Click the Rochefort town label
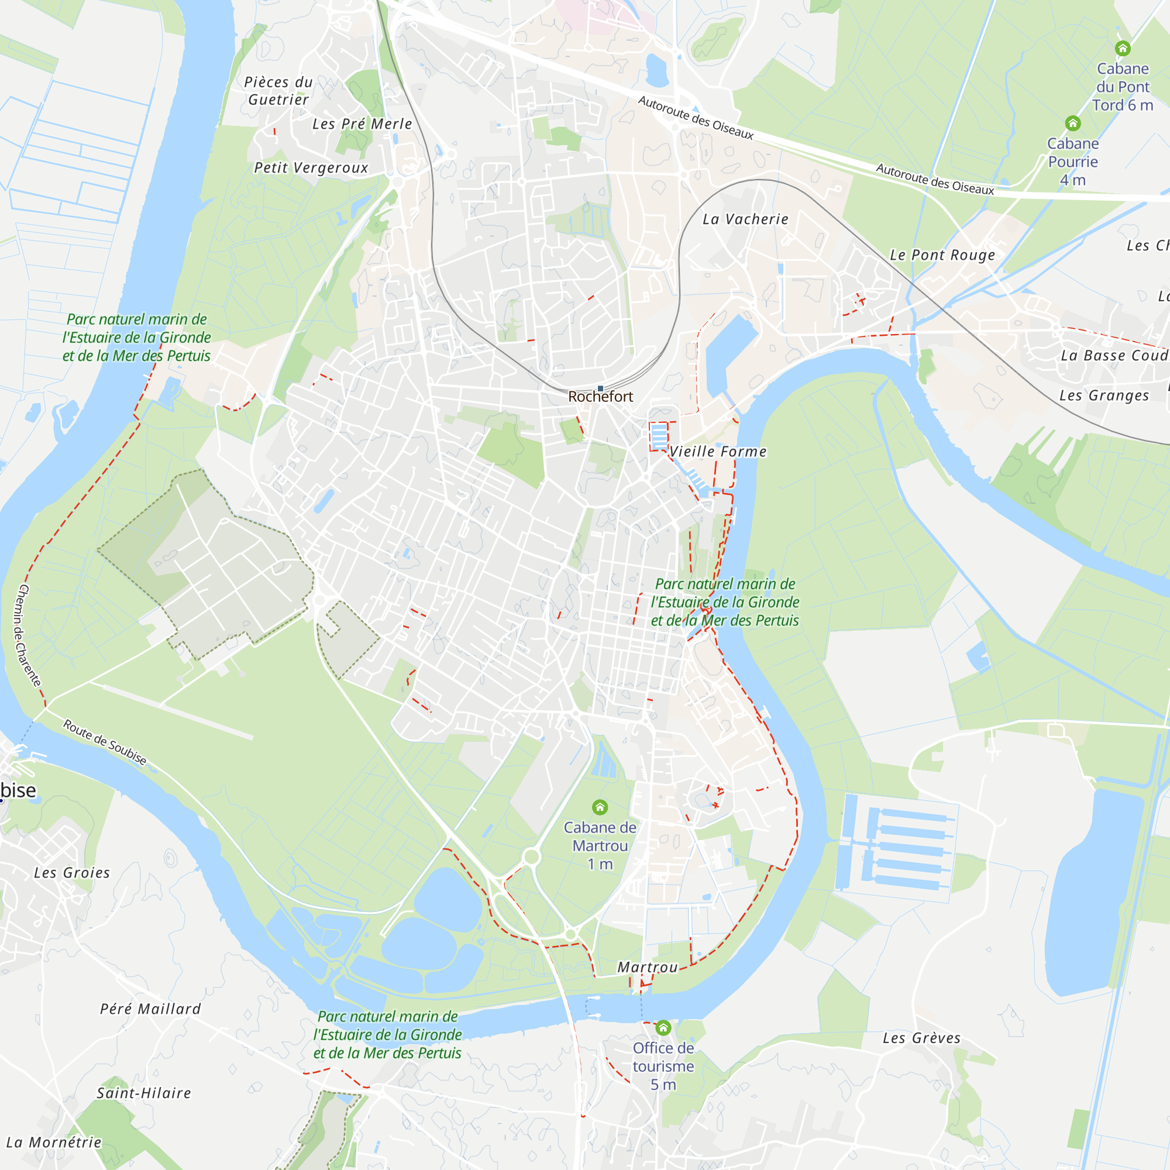tap(600, 397)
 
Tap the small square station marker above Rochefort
tap(600, 388)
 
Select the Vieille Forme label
tap(718, 451)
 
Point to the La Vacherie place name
tap(745, 219)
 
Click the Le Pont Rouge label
tap(942, 255)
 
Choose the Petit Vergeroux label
tap(311, 168)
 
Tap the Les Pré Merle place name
tap(362, 124)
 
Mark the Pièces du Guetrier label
tap(278, 91)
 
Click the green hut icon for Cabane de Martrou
tap(600, 807)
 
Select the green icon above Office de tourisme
tap(663, 1028)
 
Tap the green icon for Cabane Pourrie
tap(1072, 123)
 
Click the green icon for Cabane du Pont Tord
tap(1123, 49)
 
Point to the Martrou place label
tap(648, 967)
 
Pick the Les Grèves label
tap(922, 1038)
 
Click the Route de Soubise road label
tap(105, 742)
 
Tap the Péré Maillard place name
tap(150, 1009)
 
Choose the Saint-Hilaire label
tap(144, 1093)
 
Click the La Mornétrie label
tap(54, 1142)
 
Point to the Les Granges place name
tap(1104, 395)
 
